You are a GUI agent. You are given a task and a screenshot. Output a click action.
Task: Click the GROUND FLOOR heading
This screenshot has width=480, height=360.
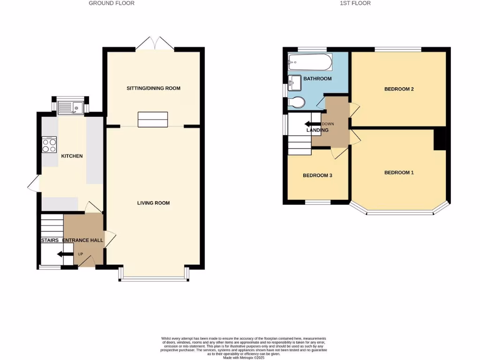coord(112,3)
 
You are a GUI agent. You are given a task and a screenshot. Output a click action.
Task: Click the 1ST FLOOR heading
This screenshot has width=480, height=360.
coord(355,3)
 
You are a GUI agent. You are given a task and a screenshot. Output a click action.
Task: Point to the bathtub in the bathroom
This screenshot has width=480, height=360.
coord(310,61)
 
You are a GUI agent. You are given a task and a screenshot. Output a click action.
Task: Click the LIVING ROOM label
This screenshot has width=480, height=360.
coord(153,203)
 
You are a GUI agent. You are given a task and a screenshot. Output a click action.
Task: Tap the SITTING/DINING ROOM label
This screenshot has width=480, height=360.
coord(153,88)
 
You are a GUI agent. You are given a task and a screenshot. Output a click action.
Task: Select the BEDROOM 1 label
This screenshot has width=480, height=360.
coord(399,172)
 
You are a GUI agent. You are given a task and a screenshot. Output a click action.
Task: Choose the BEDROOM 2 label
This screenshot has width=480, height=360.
coord(399,89)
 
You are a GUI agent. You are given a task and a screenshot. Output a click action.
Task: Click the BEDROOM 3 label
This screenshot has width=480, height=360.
coord(317,176)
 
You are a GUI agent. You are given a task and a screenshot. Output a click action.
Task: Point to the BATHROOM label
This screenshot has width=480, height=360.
coord(317,79)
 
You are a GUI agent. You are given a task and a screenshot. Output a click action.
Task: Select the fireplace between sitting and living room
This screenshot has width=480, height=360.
coord(153,120)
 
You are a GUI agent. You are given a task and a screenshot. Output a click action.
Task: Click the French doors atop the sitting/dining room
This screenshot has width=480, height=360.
coord(154,43)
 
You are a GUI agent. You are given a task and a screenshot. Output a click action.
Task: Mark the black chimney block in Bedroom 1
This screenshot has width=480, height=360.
coord(440,140)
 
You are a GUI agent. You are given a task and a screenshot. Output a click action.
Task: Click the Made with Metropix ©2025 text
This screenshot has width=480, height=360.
coord(244,357)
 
